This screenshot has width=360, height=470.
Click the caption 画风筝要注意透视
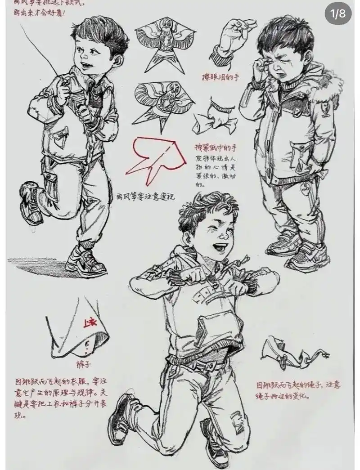[145, 197]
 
